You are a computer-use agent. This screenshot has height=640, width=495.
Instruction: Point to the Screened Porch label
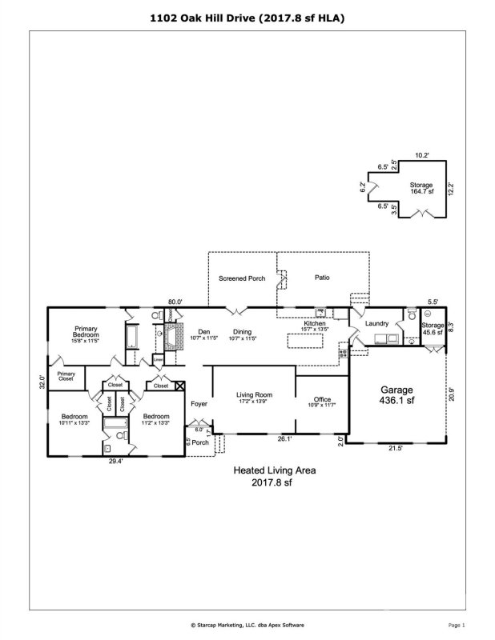[242, 278]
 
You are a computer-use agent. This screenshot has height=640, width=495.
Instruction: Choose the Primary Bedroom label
[86, 333]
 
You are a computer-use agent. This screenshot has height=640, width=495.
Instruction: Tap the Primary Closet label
[66, 376]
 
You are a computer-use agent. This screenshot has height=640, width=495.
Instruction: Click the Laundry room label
[376, 323]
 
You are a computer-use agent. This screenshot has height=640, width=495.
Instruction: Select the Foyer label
[199, 404]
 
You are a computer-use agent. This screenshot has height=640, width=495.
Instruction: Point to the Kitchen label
[314, 325]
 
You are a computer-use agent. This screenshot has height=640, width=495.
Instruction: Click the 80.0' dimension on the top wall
[175, 302]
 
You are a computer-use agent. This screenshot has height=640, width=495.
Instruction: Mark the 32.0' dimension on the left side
[42, 381]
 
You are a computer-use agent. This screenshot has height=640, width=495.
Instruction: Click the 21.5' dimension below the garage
[395, 448]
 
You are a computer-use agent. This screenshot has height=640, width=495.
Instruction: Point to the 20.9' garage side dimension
[452, 394]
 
